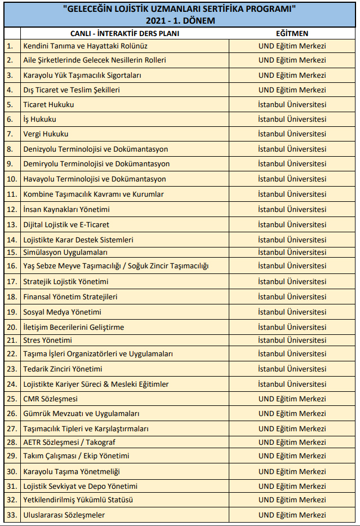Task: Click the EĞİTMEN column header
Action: point(292,33)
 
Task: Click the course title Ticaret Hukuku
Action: point(48,104)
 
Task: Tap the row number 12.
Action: point(12,209)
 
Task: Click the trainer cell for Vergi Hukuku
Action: point(292,134)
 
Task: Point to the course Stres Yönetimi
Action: point(47,340)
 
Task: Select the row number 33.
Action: point(12,515)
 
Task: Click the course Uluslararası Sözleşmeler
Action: point(64,515)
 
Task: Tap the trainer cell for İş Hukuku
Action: point(292,119)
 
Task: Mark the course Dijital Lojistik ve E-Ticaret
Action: point(66,224)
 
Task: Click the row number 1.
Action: point(10,46)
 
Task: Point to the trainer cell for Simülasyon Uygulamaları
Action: point(292,252)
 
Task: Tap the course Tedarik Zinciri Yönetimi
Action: point(63,369)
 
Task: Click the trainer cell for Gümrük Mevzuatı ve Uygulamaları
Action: point(292,413)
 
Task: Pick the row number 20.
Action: point(12,327)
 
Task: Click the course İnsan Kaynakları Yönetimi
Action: point(66,209)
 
